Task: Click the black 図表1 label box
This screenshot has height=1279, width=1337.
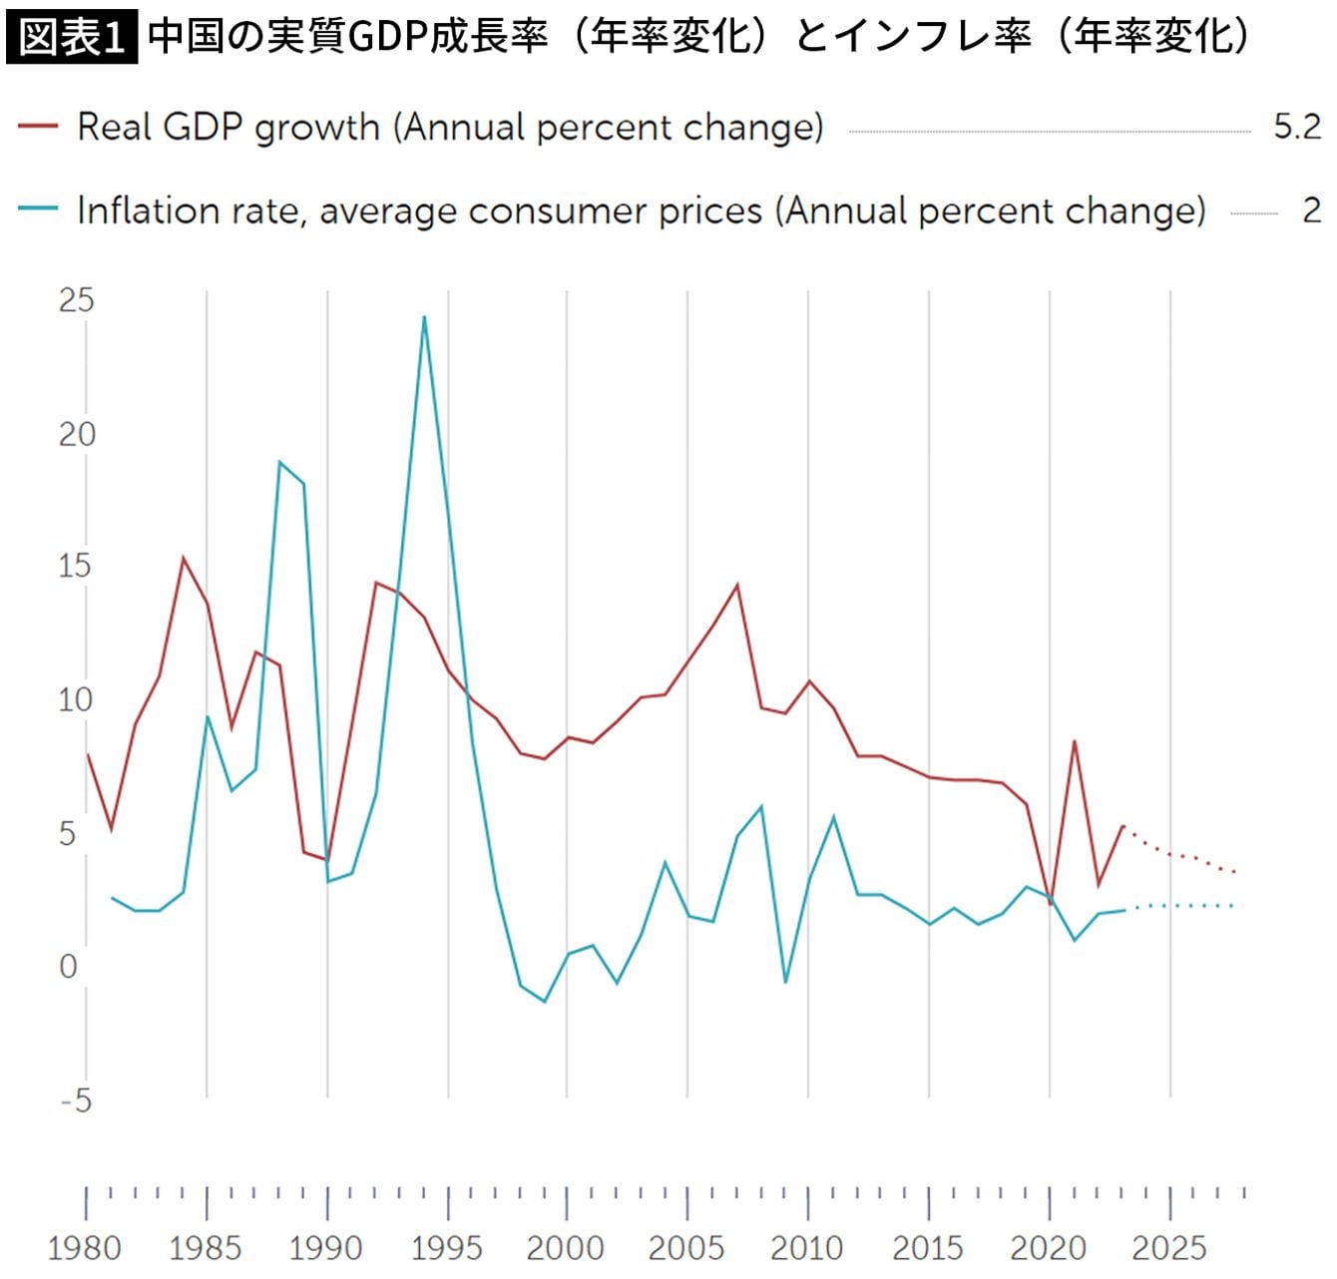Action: pyautogui.click(x=72, y=38)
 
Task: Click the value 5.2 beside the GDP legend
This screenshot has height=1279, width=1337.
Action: pyautogui.click(x=1297, y=127)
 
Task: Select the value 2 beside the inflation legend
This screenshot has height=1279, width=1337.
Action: pyautogui.click(x=1311, y=211)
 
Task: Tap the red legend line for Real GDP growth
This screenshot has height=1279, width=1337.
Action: pyautogui.click(x=38, y=127)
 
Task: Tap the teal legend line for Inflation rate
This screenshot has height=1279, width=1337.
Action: pyautogui.click(x=38, y=211)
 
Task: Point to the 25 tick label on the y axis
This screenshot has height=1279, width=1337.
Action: pyautogui.click(x=76, y=300)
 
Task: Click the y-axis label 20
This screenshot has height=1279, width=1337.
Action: pyautogui.click(x=76, y=434)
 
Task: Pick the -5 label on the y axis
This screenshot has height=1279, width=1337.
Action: pyautogui.click(x=76, y=1101)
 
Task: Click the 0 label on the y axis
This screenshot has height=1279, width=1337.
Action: pyautogui.click(x=68, y=967)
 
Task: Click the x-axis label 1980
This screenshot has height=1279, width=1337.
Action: pyautogui.click(x=85, y=1248)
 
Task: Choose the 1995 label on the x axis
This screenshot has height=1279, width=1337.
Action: pyautogui.click(x=446, y=1248)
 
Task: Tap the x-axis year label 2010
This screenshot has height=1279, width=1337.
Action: pyautogui.click(x=807, y=1248)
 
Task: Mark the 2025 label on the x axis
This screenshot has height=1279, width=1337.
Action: pyautogui.click(x=1169, y=1248)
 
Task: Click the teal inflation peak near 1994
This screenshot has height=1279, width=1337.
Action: pyautogui.click(x=424, y=317)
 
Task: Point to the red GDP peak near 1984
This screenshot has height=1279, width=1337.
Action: pyautogui.click(x=184, y=558)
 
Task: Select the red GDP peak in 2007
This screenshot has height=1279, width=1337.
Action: pyautogui.click(x=737, y=585)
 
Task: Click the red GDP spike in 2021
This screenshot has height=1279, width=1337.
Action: pyautogui.click(x=1075, y=740)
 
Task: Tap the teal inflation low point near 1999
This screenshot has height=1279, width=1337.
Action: pyautogui.click(x=544, y=1001)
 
